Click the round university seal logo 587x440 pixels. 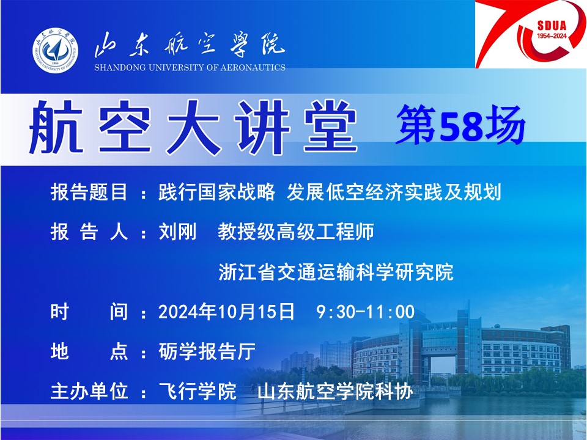click(x=55, y=50)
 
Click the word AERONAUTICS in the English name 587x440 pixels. click(x=253, y=68)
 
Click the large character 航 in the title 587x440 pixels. click(x=56, y=128)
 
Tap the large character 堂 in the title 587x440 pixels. click(x=330, y=128)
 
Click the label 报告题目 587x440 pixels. click(x=89, y=193)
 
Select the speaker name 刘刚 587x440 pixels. click(x=177, y=232)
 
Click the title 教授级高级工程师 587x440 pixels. click(x=296, y=232)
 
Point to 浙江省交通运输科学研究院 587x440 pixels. click(x=336, y=272)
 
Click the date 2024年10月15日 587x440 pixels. click(x=226, y=312)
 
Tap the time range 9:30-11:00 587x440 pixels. click(x=366, y=312)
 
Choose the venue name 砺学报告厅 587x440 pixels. click(x=207, y=351)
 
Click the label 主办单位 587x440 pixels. click(x=89, y=391)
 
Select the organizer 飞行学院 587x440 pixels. click(x=198, y=391)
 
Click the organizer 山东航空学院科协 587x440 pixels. click(x=335, y=391)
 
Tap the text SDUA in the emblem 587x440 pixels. click(x=552, y=26)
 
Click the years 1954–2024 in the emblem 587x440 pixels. click(x=552, y=36)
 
